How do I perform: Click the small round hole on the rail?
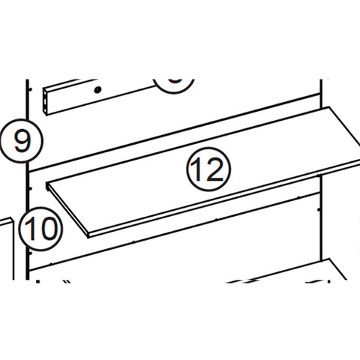pos(97,90)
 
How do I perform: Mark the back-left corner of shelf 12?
pos(46,182)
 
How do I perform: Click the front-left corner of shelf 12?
pos(88,234)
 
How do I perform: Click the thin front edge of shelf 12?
pos(225,201)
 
